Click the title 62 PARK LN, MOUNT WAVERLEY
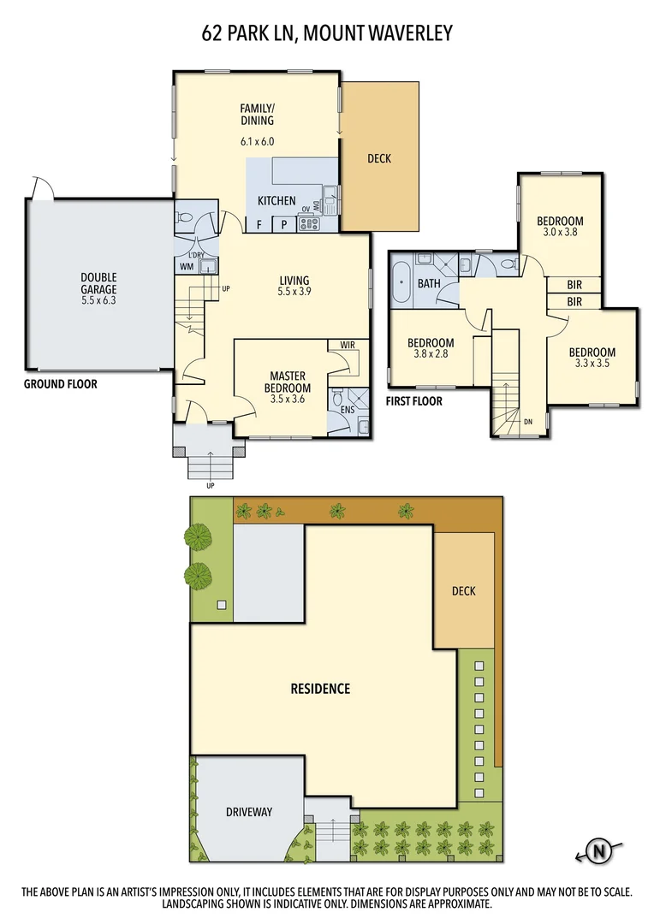click(327, 33)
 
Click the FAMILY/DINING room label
click(257, 115)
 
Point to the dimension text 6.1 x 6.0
click(257, 142)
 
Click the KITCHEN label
click(276, 201)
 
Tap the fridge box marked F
click(259, 225)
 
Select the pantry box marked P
click(284, 225)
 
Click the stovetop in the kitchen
click(308, 225)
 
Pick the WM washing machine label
click(186, 267)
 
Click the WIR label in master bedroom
click(348, 345)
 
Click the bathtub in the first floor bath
click(401, 285)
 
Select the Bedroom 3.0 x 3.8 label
click(562, 226)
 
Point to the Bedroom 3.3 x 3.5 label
click(592, 358)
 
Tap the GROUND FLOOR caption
click(60, 384)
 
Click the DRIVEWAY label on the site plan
click(249, 811)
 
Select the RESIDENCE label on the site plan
click(320, 688)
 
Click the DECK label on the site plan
click(463, 590)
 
